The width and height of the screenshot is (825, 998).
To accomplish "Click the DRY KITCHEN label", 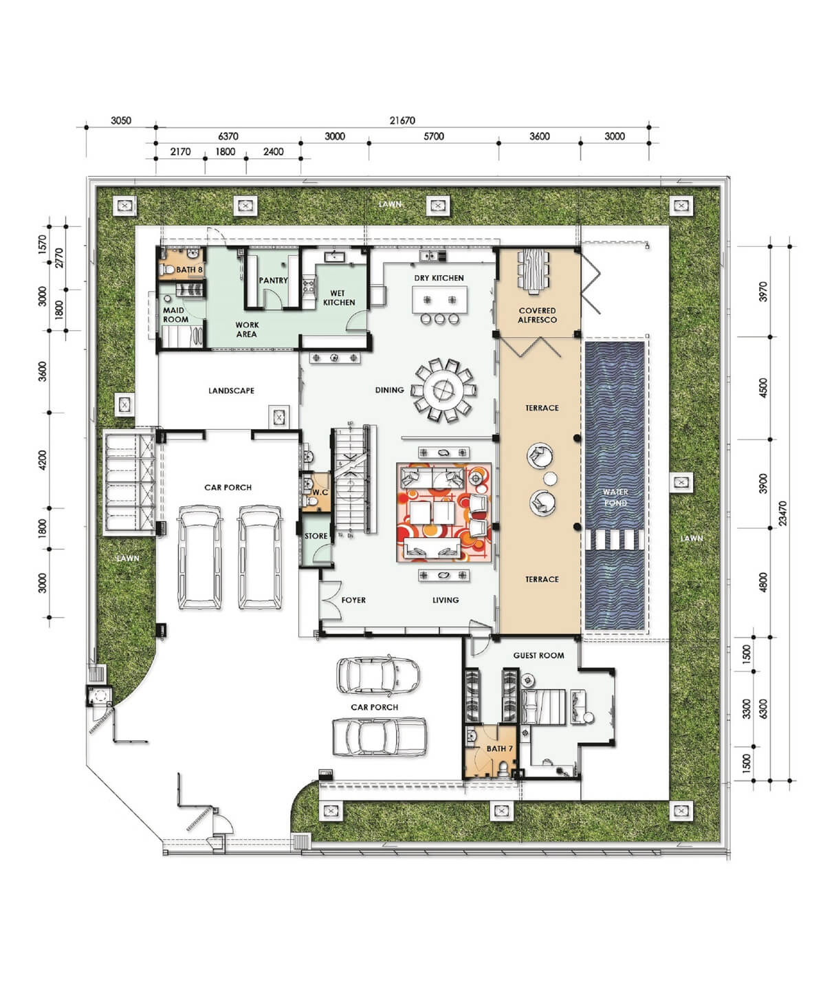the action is point(439,278).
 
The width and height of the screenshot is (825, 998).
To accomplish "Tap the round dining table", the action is point(445,391).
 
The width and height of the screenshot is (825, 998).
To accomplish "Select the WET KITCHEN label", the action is point(339,298).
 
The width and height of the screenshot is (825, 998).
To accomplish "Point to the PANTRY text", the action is point(273,280).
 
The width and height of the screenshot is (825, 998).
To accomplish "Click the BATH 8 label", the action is point(189,270).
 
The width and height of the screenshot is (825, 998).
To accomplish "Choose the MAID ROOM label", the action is point(175,314).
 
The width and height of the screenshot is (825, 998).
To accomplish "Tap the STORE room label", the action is point(316,536).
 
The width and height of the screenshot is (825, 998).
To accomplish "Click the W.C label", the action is point(320,492).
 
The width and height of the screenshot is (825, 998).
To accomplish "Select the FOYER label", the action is point(353,600).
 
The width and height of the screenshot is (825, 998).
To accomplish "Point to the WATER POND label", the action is point(615,497).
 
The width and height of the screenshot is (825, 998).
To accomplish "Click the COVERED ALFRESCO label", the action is point(537,315).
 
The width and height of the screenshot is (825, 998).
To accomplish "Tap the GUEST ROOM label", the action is point(538,655).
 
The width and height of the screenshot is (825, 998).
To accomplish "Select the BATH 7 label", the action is point(499,748).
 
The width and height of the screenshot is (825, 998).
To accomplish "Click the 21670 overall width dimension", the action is point(402,120).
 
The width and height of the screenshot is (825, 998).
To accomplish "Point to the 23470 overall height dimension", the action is point(782,513).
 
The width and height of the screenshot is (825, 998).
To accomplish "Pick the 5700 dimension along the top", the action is point(434,136).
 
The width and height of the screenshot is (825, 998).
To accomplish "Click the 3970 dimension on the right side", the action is point(763,292).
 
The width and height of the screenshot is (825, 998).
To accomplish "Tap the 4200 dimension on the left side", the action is point(43,460).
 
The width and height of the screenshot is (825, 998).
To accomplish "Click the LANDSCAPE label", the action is point(231,391).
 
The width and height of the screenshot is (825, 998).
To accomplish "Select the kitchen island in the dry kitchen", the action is point(440,299).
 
